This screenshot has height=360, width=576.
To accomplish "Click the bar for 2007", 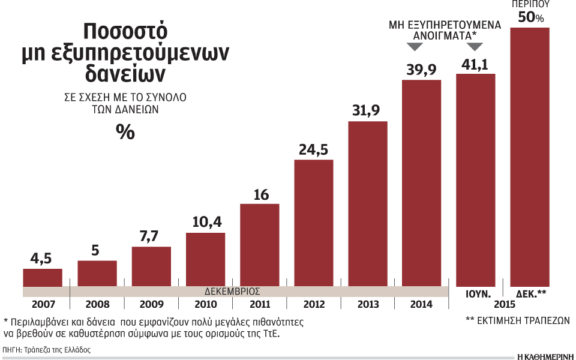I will coord(43,277).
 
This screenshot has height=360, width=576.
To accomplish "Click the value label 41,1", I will coord(476,64).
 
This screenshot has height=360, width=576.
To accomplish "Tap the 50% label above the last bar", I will coord(530,17).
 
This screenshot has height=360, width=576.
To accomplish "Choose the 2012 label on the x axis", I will coord(313,305).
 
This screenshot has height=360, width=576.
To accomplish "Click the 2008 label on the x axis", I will coord(97,305).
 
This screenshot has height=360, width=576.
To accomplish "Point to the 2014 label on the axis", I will coord(421,305).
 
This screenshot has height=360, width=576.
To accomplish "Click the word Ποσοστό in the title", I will coord(125,31).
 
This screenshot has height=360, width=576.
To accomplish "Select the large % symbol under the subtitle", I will coord(125,132).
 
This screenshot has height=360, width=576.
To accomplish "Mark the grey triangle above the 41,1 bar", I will coord(476,53).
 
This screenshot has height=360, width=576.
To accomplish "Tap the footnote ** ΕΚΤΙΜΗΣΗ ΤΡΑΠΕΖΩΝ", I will coord(517,320).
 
